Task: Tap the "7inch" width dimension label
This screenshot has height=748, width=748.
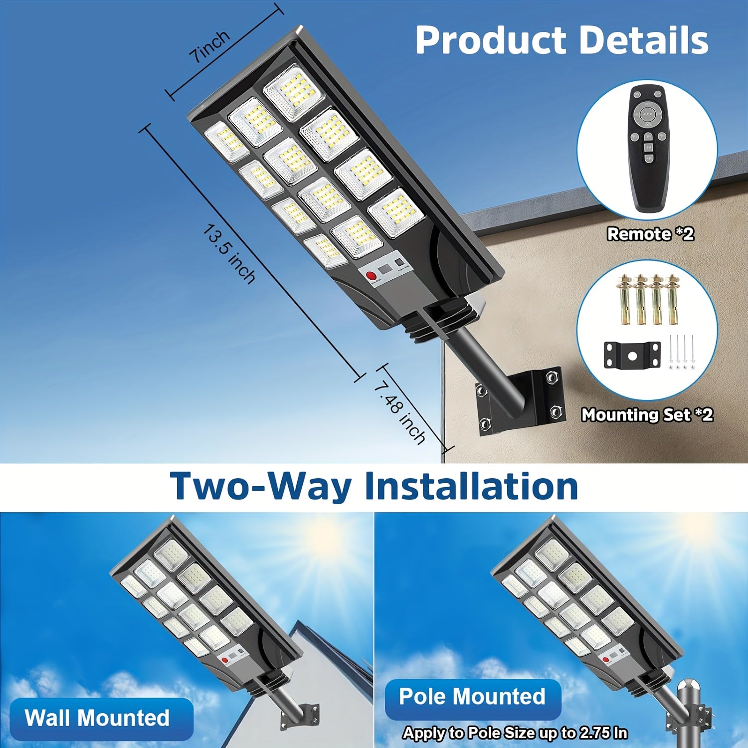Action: [210, 46]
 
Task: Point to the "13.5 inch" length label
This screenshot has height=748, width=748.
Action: [229, 254]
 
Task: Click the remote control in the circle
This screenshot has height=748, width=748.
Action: [648, 149]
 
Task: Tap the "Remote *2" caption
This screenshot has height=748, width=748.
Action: [650, 234]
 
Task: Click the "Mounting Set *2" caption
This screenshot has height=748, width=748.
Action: [647, 415]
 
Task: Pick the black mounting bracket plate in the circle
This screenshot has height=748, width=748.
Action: [632, 355]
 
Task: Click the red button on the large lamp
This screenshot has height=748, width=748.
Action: [371, 276]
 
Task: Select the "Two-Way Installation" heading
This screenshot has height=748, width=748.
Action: [374, 486]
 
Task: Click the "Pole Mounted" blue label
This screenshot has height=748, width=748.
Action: [472, 697]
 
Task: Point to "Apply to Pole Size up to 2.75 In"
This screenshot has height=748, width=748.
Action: [515, 733]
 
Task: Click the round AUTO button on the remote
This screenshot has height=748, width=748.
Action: [647, 114]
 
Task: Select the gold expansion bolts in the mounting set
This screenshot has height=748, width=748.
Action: [648, 300]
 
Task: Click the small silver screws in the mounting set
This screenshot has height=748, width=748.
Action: [681, 353]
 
